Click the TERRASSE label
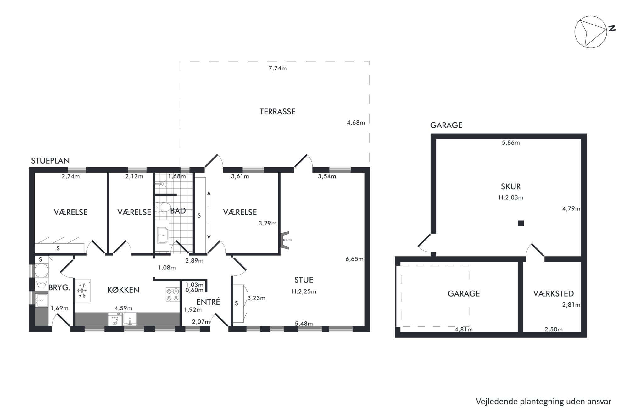(277, 112)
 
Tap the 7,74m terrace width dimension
(277, 68)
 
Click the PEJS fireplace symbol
(285, 240)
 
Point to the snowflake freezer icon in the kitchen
(82, 291)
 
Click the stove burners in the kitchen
(172, 294)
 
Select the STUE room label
(304, 280)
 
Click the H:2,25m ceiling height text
(304, 291)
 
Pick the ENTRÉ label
(208, 302)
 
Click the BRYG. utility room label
(59, 287)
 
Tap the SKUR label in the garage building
(511, 186)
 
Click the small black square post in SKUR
(521, 224)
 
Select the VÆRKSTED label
(554, 294)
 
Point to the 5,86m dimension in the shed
(511, 143)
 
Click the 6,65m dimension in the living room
(354, 259)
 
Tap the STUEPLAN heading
(50, 161)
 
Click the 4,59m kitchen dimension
(123, 308)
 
